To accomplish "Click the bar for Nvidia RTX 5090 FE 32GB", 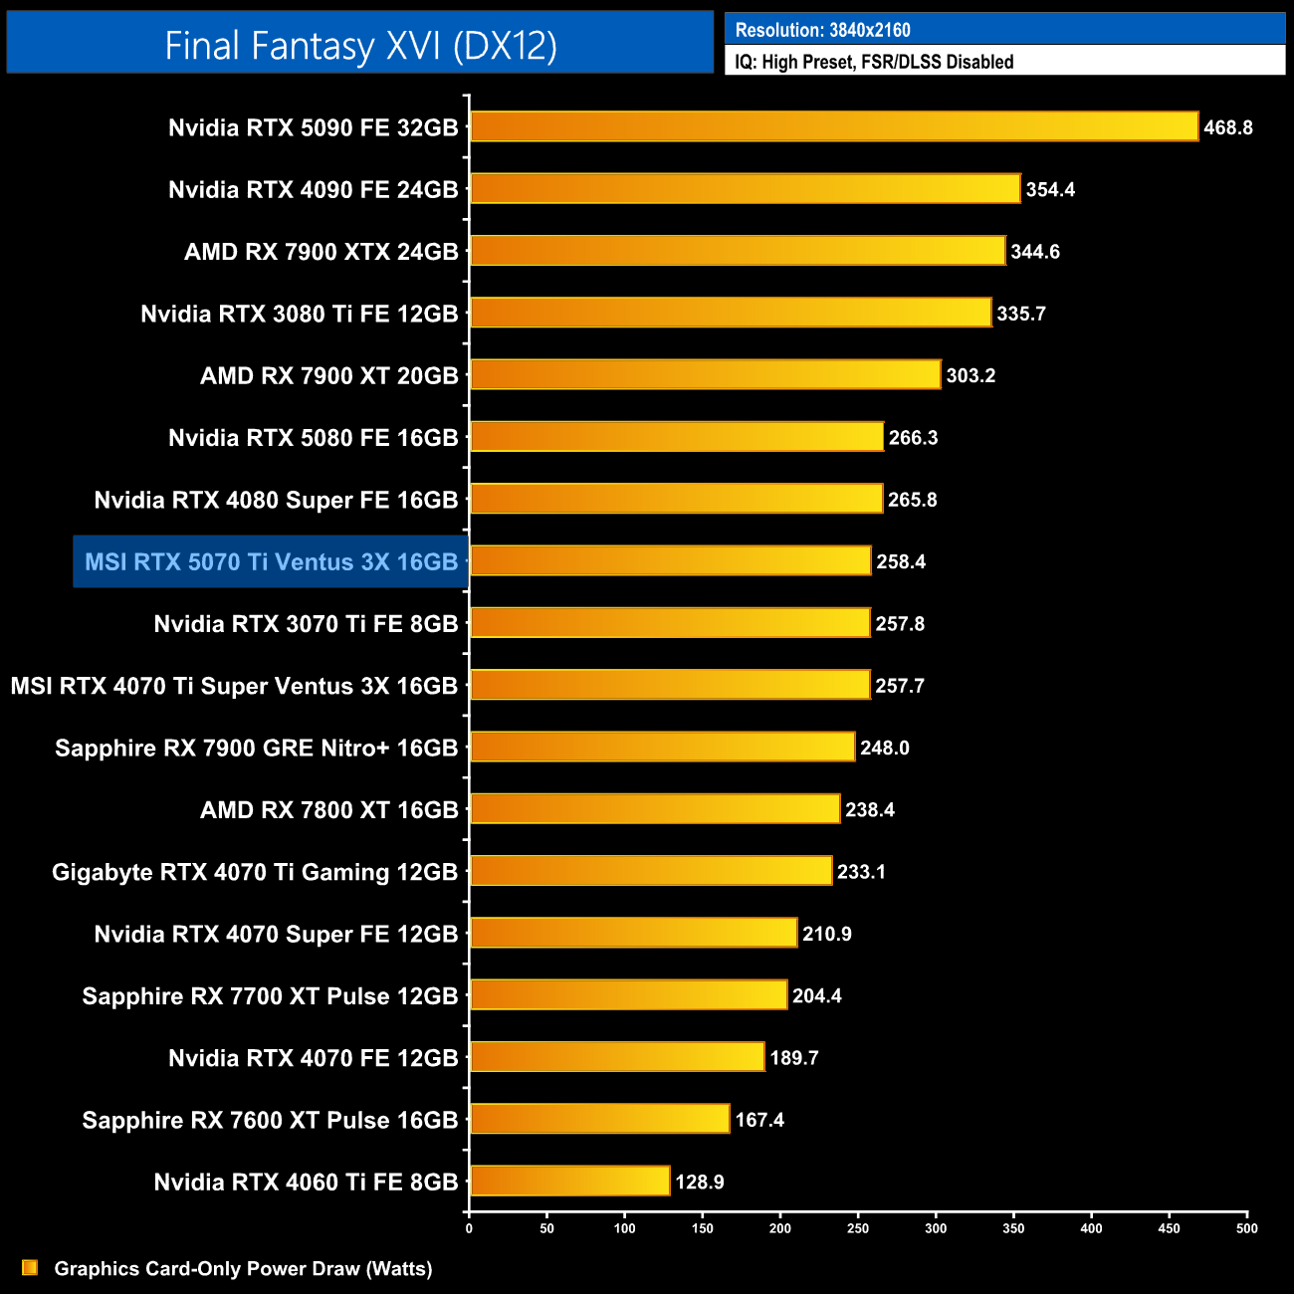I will tap(834, 126).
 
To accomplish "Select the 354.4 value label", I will tap(1050, 189).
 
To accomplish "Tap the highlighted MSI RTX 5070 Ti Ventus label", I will tap(271, 562).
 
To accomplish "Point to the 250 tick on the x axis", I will tap(858, 1228).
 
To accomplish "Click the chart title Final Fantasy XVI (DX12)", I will tap(360, 46).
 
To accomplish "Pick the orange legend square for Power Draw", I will tap(30, 1268).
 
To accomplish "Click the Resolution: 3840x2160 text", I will tap(822, 30).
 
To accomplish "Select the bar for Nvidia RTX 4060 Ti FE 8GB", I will tap(569, 1182).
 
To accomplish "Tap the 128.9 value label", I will tap(700, 1183).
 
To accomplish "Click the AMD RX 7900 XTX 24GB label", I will tap(321, 252).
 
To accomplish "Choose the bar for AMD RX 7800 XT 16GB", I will tap(655, 809).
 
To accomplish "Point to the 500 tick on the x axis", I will tap(1246, 1228).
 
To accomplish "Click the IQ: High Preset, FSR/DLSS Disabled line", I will tap(874, 62).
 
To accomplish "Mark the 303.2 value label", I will tap(970, 376).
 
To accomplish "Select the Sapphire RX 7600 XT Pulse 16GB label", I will tap(270, 1121).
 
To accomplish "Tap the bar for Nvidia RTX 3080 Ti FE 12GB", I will tap(731, 313).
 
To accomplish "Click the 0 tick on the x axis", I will tap(469, 1228).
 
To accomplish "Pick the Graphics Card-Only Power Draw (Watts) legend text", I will tap(243, 1269).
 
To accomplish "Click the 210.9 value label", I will tap(827, 934).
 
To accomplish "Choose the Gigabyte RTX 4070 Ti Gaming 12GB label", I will tap(255, 873).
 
